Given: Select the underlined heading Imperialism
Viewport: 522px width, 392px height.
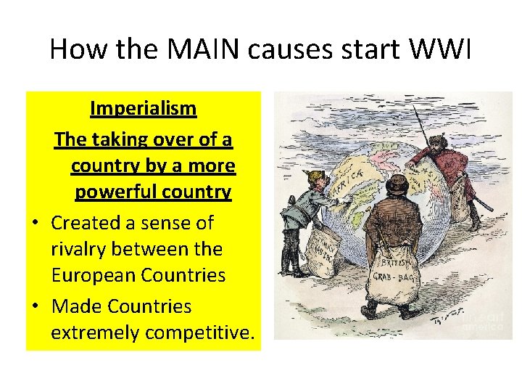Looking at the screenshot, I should click(143, 109).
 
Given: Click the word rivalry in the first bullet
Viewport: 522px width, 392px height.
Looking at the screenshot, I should click(82, 249).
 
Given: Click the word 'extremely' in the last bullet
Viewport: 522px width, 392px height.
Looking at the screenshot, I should click(96, 332).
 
